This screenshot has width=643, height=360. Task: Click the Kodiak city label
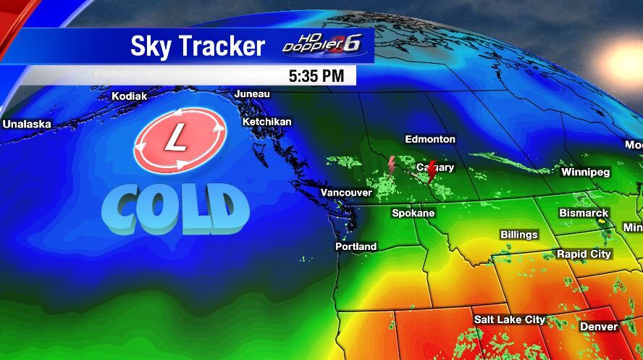(129, 96)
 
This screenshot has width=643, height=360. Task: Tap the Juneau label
(252, 94)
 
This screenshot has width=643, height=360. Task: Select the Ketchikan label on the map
(266, 122)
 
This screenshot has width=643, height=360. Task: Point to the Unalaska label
(27, 124)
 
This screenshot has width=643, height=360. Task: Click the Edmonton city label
(430, 139)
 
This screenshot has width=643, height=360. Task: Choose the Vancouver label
(346, 193)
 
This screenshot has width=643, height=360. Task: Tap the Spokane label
(413, 213)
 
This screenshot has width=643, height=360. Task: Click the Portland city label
(356, 246)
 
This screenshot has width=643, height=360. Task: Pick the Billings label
(519, 235)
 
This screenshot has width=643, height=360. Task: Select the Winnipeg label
(586, 172)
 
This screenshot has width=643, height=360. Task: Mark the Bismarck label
(584, 213)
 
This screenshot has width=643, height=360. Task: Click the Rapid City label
(584, 254)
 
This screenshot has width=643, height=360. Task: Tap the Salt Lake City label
(509, 319)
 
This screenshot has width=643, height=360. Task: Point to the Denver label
(599, 327)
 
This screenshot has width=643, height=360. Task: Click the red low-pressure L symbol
(180, 139)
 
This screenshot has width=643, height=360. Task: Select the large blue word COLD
(175, 209)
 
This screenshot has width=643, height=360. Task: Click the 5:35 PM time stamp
(321, 75)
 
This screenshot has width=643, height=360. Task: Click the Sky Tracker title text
(198, 46)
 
